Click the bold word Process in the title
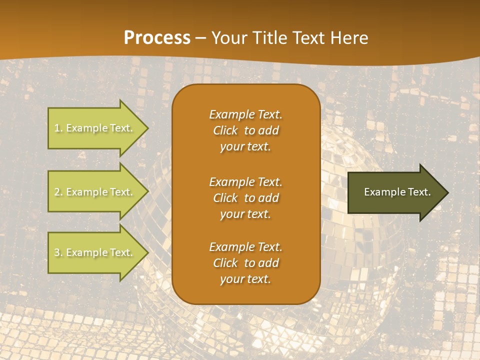pyautogui.click(x=157, y=37)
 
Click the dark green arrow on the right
pyautogui.click(x=395, y=192)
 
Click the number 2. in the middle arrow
pyautogui.click(x=58, y=192)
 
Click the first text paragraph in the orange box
pyautogui.click(x=245, y=130)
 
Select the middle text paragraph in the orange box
pyautogui.click(x=245, y=198)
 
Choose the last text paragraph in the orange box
pyautogui.click(x=245, y=263)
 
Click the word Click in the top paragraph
pyautogui.click(x=225, y=130)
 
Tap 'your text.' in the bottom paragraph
pyautogui.click(x=245, y=279)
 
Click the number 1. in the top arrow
pyautogui.click(x=58, y=128)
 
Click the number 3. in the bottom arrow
pyautogui.click(x=58, y=252)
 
